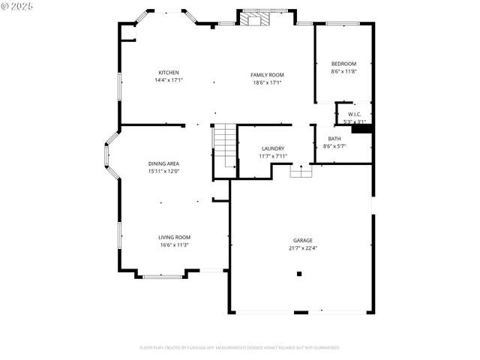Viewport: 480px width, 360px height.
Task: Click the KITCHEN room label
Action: [168, 73]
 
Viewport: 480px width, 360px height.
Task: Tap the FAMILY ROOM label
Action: [267, 75]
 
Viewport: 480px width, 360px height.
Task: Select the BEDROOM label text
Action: [343, 64]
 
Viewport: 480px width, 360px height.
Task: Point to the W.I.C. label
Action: [354, 114]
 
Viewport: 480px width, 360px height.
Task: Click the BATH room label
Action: [334, 139]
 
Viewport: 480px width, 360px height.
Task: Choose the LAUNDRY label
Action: [272, 148]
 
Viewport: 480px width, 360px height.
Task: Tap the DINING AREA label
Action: [163, 163]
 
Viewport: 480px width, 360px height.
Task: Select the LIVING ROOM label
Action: [173, 237]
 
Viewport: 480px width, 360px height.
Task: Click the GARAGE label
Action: [303, 241]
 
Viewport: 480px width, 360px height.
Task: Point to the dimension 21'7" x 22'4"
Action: [303, 248]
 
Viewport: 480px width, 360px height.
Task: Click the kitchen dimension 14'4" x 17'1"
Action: [168, 80]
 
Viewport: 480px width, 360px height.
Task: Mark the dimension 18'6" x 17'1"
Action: [267, 82]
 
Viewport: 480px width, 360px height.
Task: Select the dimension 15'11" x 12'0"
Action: [163, 171]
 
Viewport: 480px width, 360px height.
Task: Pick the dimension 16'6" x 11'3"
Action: [173, 244]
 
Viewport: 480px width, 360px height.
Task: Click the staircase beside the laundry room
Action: [225, 146]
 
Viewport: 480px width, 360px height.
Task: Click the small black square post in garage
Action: [298, 274]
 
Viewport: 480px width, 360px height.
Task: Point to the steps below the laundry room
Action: [301, 172]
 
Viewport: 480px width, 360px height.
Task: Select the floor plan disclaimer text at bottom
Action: [240, 348]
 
